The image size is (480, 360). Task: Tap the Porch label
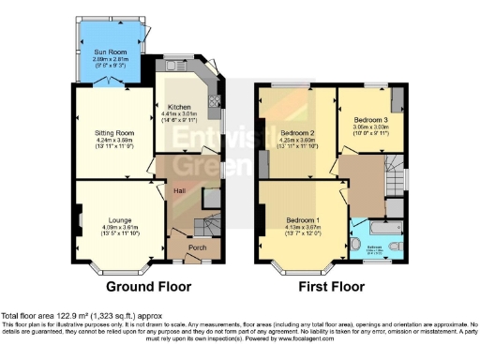[197, 247]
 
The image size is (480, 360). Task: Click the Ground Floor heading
[148, 286]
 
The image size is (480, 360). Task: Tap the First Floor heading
[333, 286]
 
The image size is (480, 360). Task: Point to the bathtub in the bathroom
[380, 228]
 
